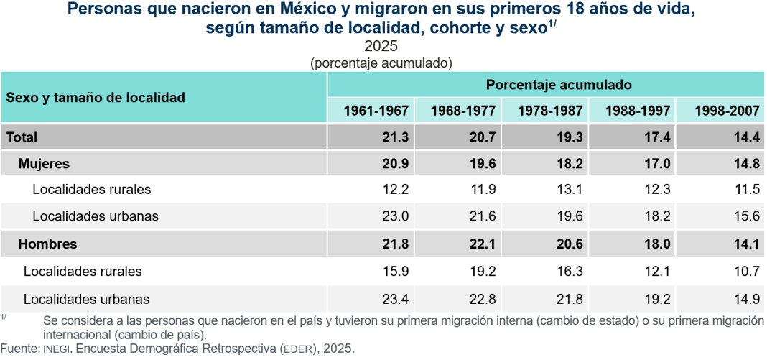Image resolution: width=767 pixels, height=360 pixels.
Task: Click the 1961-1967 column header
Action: tap(376, 111)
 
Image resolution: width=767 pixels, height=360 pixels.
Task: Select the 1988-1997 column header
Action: tap(637, 111)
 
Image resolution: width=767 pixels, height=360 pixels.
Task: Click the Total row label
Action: tap(22, 137)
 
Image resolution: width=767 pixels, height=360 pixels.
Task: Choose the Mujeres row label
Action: tap(44, 164)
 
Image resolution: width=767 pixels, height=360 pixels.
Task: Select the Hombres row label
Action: tap(48, 244)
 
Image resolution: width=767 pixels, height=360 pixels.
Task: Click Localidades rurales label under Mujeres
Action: tap(91, 189)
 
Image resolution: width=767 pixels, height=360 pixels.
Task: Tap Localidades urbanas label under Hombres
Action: tap(87, 299)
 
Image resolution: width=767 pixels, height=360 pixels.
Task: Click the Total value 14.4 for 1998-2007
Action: tap(748, 137)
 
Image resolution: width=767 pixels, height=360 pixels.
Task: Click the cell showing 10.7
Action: tap(748, 271)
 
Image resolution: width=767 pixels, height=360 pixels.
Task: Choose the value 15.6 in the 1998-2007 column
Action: tap(748, 216)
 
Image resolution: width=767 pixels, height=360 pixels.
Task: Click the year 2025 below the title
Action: tap(381, 47)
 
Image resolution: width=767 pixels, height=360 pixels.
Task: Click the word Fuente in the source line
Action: tap(19, 349)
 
